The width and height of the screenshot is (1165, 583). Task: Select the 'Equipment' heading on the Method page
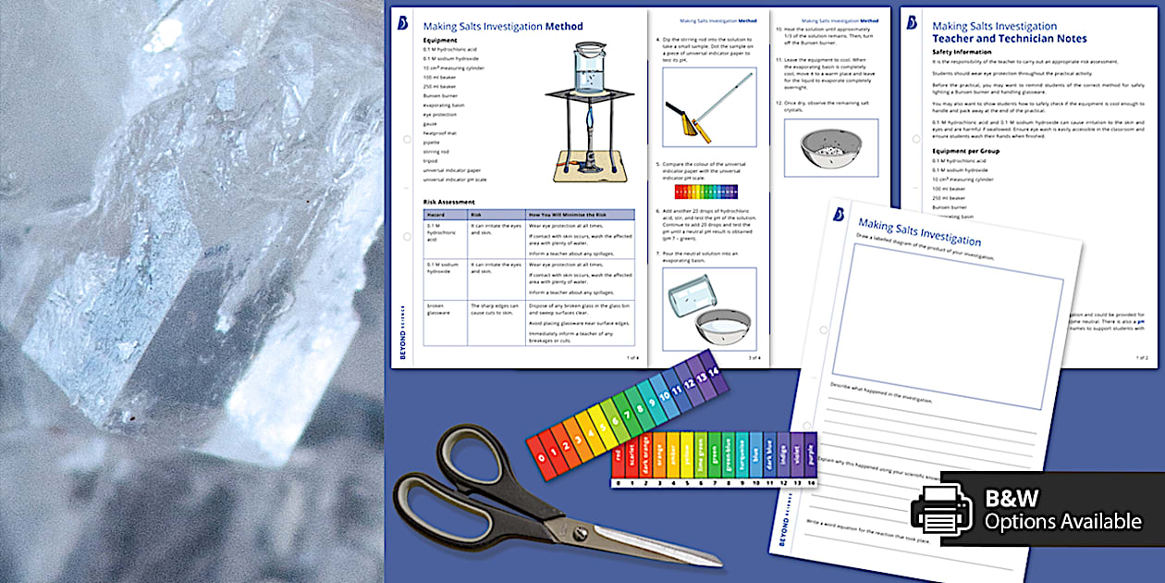440,41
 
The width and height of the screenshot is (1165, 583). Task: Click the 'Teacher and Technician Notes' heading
1009,39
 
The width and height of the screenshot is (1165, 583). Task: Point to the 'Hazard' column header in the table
435,214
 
